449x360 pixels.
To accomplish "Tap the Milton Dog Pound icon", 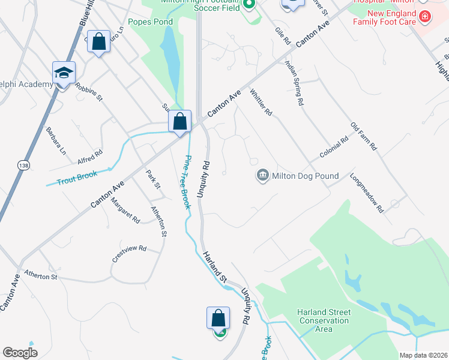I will pos(263,176).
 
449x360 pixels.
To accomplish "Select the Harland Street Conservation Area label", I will pos(324,320).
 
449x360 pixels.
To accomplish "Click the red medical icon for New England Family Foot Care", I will pos(425,16).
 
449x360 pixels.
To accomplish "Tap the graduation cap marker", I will pos(64,74).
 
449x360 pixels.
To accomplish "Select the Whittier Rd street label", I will pos(261,103).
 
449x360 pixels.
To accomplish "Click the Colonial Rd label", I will pos(334,148).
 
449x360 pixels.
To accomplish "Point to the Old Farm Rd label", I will pos(364,137).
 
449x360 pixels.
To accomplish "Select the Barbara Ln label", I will pos(56,140).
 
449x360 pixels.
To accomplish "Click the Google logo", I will pos(20,352).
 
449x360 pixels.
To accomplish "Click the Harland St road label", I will pos(214,268).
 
